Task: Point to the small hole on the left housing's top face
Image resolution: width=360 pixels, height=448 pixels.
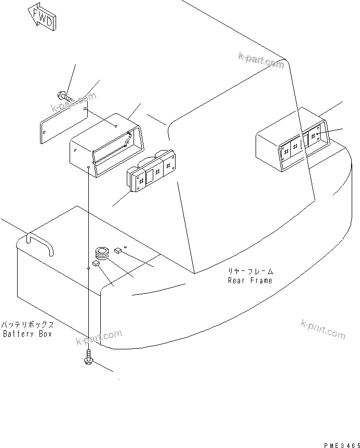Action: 116,126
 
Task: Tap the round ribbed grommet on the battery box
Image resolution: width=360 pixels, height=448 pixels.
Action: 102,253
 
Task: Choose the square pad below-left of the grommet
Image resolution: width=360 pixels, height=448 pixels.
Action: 96,264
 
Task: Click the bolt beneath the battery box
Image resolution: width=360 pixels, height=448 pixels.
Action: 89,358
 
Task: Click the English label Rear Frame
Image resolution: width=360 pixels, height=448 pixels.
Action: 249,280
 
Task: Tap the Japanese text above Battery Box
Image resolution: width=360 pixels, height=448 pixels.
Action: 28,324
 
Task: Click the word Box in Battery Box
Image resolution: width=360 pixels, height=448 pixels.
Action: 45,334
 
